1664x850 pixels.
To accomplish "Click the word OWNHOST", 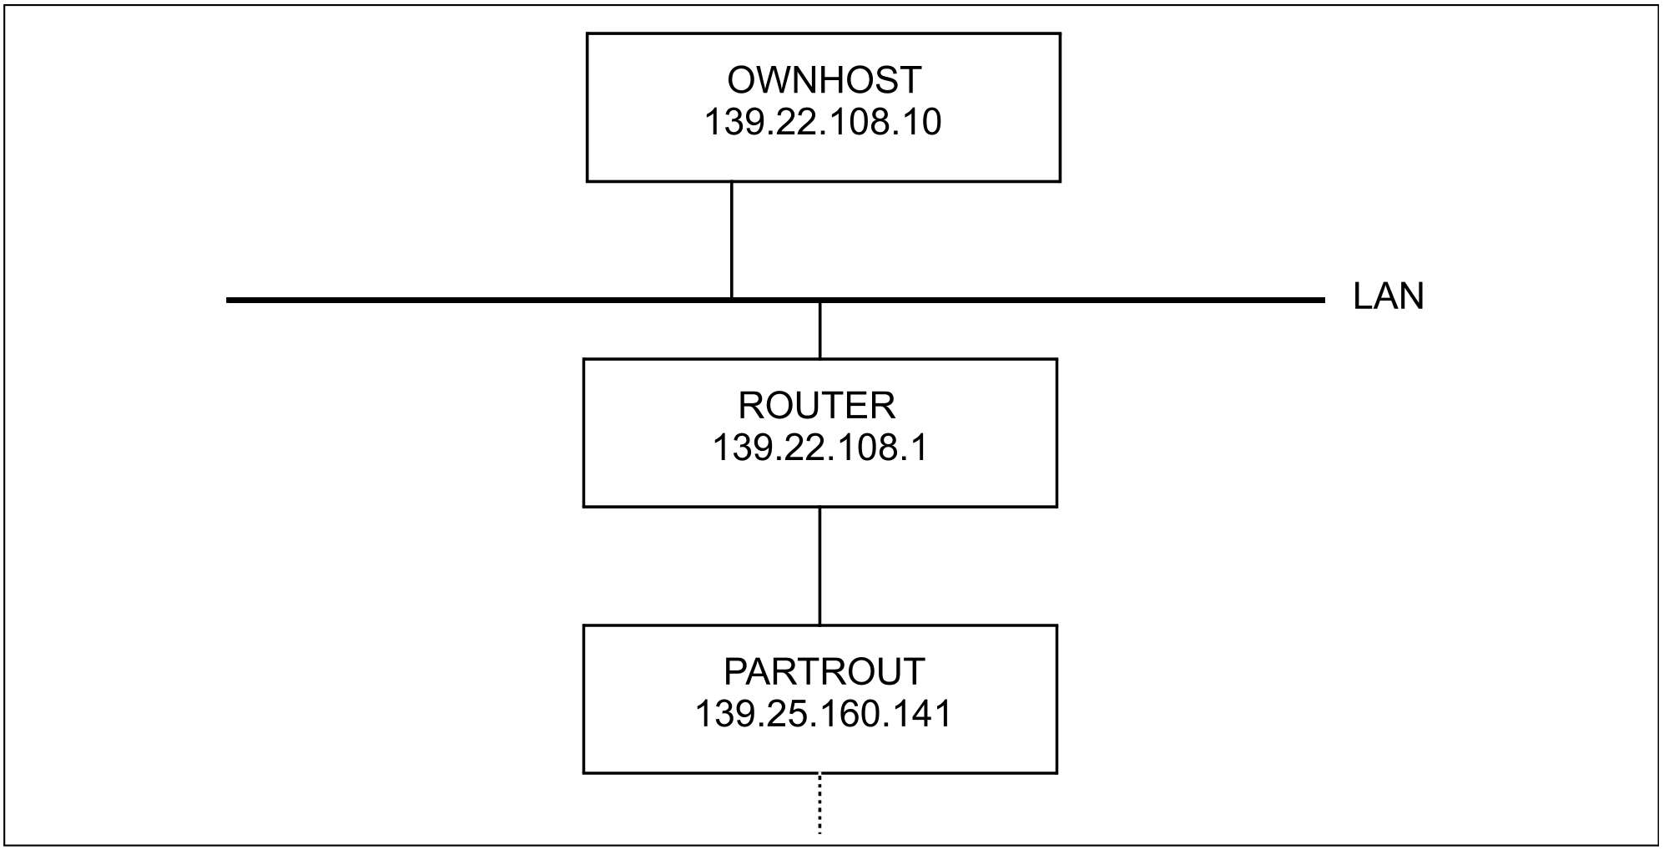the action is [x=824, y=80].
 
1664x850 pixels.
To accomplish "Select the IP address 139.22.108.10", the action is [x=823, y=122].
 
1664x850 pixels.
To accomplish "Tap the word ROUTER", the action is [x=816, y=406].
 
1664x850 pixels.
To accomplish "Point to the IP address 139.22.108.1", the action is [x=819, y=448].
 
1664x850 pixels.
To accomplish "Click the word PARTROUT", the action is [x=824, y=672].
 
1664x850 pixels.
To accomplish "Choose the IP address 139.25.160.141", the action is [x=823, y=714].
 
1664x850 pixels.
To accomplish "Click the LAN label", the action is [x=1388, y=297].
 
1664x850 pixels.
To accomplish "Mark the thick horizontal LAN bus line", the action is [x=775, y=300].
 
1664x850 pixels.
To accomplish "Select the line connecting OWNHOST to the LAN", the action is [x=732, y=239].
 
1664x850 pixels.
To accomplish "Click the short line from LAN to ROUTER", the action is [x=819, y=331].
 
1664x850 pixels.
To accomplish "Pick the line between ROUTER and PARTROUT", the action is [x=819, y=566].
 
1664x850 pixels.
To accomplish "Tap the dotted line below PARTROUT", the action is [x=819, y=803].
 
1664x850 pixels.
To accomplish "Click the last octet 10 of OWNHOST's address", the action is [x=923, y=122].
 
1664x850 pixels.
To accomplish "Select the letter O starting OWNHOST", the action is [x=742, y=80].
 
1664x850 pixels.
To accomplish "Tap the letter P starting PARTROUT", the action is [x=736, y=672].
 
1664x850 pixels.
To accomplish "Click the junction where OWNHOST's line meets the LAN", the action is [x=732, y=299].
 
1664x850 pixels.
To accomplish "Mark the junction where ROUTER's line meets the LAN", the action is [x=819, y=301].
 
